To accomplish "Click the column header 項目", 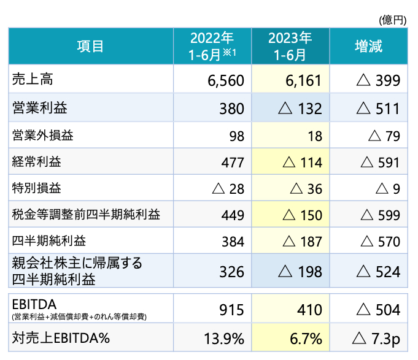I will [x=90, y=46].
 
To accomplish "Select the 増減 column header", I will [x=368, y=46].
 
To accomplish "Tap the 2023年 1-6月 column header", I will [x=290, y=46].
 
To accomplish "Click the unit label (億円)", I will [x=393, y=20].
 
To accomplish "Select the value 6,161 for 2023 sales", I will [x=303, y=80].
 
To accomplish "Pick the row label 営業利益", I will [x=40, y=108].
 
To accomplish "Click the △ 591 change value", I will [x=381, y=163].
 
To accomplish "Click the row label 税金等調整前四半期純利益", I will [x=87, y=215].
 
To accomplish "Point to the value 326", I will [x=231, y=271].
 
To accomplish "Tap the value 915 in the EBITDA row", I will [x=231, y=310].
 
